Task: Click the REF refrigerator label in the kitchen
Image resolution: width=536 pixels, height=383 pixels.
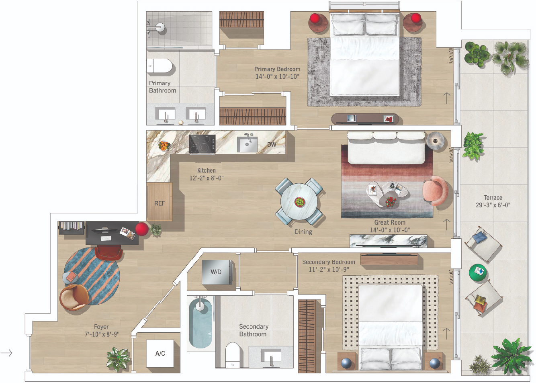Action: point(160,203)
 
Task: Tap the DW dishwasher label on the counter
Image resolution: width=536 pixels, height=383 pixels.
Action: point(272,145)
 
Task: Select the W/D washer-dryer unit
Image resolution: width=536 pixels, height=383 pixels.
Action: point(216,272)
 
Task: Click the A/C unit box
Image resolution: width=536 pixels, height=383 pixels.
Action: point(160,353)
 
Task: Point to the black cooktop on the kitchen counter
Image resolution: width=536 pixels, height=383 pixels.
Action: point(202,144)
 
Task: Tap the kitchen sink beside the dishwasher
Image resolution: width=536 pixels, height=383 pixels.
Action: point(247,144)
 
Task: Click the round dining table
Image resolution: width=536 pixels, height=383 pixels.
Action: point(299,202)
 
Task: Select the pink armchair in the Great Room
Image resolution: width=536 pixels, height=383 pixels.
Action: point(435,191)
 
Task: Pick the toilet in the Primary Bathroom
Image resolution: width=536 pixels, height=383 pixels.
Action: point(160,66)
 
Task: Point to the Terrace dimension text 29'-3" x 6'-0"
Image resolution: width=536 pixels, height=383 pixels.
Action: point(493,205)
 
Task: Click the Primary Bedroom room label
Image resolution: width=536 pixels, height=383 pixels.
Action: point(277,69)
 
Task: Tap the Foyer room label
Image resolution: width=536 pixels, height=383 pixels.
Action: point(101,327)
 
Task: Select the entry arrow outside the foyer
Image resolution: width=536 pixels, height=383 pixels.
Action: point(6,353)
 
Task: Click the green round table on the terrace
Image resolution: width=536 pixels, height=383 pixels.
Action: point(478,272)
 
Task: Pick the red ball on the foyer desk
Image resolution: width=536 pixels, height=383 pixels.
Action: point(142,229)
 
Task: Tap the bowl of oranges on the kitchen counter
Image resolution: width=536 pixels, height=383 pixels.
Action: point(164,145)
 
